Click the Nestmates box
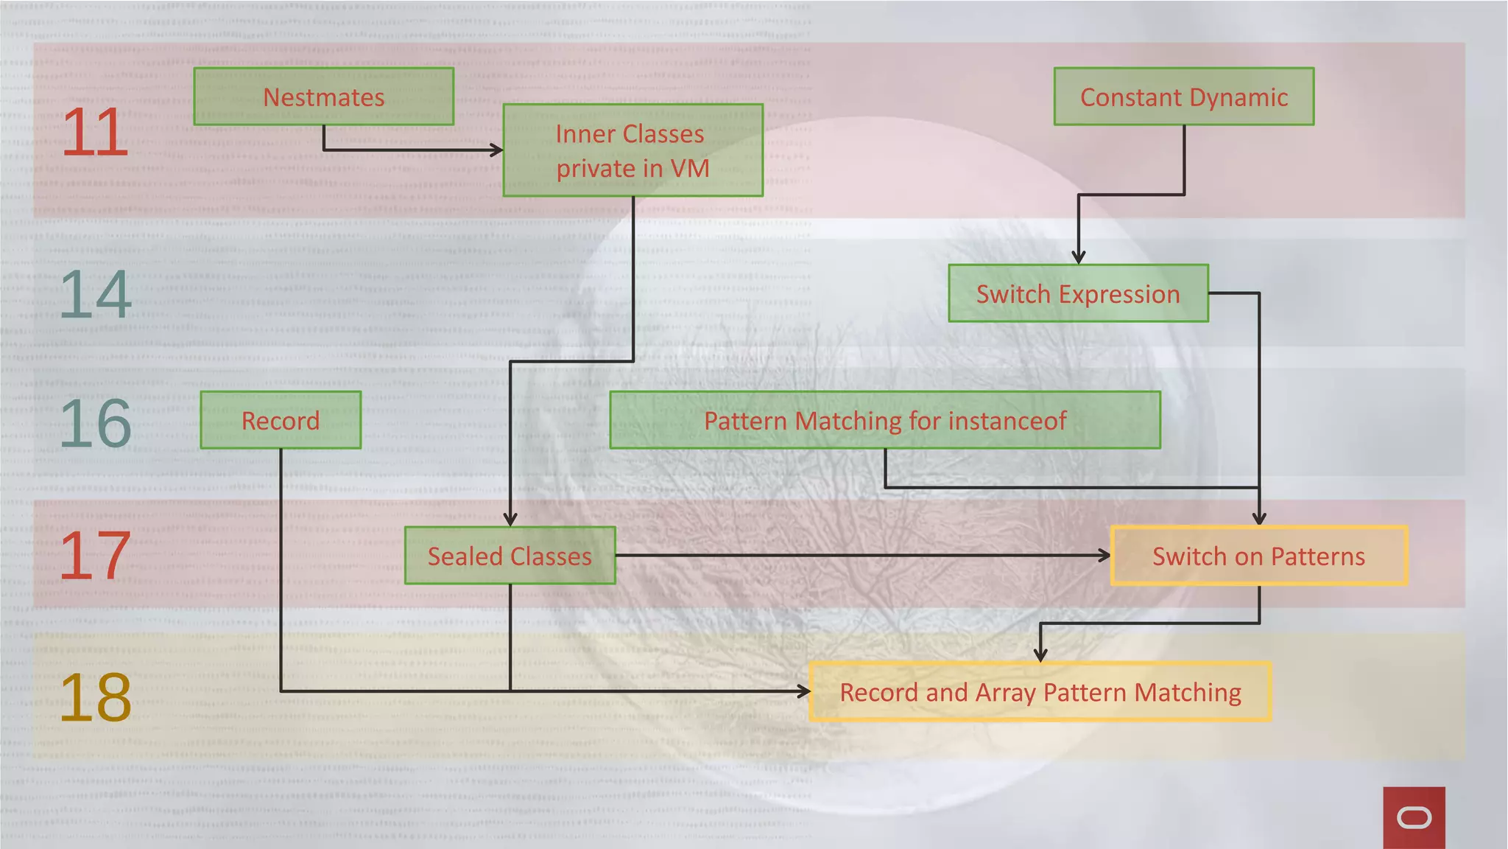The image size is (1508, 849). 323,97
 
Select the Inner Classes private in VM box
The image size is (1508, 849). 633,150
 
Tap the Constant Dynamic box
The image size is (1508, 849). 1183,97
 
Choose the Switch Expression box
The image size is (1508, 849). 1078,293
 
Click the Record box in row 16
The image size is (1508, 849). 281,420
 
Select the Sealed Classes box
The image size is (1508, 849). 510,556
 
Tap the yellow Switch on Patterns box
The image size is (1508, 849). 1258,556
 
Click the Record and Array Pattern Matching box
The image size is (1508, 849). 1040,692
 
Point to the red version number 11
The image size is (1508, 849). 95,133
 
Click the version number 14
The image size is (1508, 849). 95,295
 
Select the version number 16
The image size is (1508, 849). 95,424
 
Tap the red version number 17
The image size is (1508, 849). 95,556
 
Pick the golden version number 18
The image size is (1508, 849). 95,697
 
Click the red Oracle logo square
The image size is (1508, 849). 1414,817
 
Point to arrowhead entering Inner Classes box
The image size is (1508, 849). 497,150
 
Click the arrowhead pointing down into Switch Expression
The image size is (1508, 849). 1078,257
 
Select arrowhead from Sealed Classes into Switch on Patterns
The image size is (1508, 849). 1104,556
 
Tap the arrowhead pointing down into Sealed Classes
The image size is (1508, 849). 510,520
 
